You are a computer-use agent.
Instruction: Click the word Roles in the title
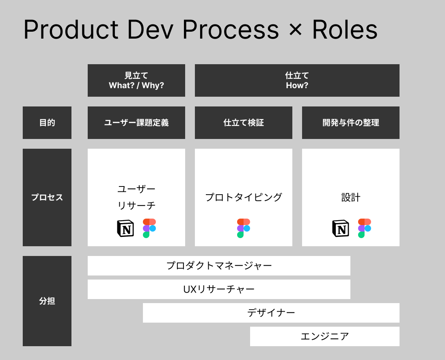coord(344,30)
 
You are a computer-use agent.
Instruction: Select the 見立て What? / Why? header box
coord(136,80)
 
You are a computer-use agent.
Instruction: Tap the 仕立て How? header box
coord(297,80)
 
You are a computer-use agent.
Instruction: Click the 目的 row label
coord(47,123)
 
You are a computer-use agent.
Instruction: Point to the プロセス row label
coord(47,197)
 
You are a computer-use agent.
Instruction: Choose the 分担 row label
coord(47,301)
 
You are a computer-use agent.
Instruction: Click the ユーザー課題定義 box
coord(136,123)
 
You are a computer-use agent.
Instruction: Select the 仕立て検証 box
coord(244,123)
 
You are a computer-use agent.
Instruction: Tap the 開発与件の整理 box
coord(351,123)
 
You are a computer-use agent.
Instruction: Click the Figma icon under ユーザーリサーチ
coord(149,228)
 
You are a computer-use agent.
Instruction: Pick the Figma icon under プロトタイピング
coord(244,228)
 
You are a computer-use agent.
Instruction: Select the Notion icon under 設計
coord(340,228)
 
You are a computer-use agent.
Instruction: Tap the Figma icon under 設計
coord(365,228)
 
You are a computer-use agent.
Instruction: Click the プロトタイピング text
coord(244,197)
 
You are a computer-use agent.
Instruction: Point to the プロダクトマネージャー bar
coord(219,266)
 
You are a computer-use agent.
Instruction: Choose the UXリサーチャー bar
coord(219,289)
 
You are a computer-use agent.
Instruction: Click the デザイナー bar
coord(271,313)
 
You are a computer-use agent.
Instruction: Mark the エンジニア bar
coord(325,336)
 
